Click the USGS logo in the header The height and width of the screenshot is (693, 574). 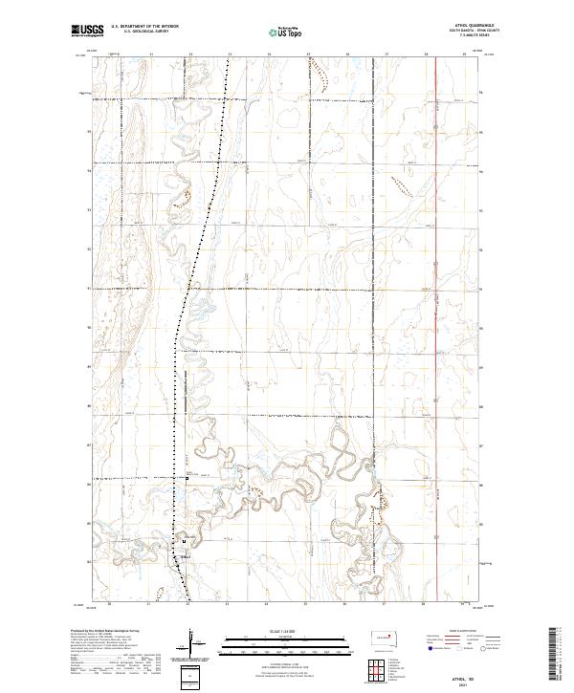tap(87, 32)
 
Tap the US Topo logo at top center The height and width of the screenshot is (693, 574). tap(288, 32)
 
